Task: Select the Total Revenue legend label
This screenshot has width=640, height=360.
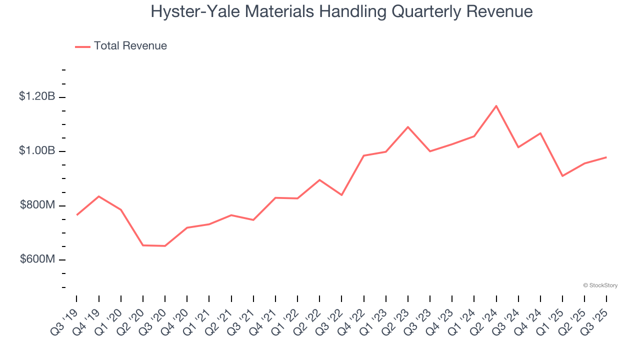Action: pos(130,46)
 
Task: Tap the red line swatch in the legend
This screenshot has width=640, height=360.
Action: pos(82,46)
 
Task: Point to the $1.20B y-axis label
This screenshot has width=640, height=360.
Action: pos(37,96)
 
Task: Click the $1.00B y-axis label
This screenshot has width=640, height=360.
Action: pos(37,150)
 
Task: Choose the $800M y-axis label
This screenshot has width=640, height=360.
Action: pos(37,205)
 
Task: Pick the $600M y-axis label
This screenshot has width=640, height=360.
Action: pos(37,259)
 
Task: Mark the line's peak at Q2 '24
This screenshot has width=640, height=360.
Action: pos(496,106)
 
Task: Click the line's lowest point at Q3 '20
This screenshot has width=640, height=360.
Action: pos(165,246)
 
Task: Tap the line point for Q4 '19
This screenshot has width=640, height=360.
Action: pos(99,196)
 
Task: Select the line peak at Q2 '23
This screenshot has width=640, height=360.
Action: pos(408,127)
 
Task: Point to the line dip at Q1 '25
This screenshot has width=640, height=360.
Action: pos(562,176)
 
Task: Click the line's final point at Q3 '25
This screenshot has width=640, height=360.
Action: pos(606,157)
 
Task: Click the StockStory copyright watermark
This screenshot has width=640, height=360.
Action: pos(600,285)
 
